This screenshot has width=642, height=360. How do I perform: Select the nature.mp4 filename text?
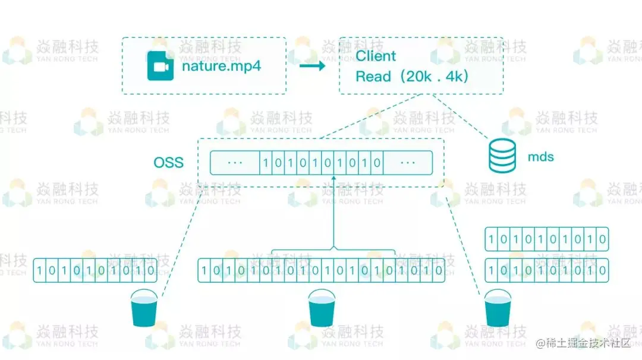coord(221,67)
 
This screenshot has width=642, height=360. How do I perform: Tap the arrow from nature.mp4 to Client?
coord(312,66)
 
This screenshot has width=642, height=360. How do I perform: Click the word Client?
coord(376,56)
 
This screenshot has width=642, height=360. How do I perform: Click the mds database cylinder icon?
coord(502,155)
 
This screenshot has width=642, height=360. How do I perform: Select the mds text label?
coord(541,157)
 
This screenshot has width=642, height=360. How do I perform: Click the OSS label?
coord(169,162)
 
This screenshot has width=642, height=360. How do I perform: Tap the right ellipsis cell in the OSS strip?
coord(408,162)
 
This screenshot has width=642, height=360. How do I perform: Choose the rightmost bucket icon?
coord(498,308)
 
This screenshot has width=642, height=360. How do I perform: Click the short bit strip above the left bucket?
coord(95,270)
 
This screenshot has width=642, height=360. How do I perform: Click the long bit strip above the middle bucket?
coord(321,270)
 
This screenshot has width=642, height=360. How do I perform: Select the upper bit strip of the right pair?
coord(547,239)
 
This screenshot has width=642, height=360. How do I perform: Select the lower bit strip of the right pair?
coord(547,270)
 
